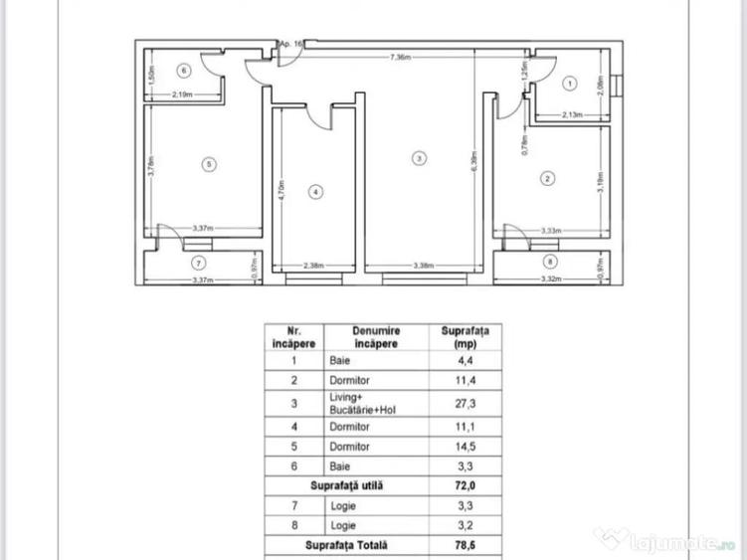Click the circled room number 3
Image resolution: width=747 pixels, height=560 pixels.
[420, 157]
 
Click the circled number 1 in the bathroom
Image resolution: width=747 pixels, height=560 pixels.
[568, 84]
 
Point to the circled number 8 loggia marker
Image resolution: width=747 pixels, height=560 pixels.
[552, 262]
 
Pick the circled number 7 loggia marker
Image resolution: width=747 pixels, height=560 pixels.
[198, 264]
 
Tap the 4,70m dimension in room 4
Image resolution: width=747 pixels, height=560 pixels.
[281, 190]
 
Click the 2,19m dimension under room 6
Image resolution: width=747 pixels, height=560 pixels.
[182, 95]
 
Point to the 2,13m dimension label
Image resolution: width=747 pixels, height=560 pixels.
[572, 115]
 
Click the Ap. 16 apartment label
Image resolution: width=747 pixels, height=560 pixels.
[291, 44]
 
